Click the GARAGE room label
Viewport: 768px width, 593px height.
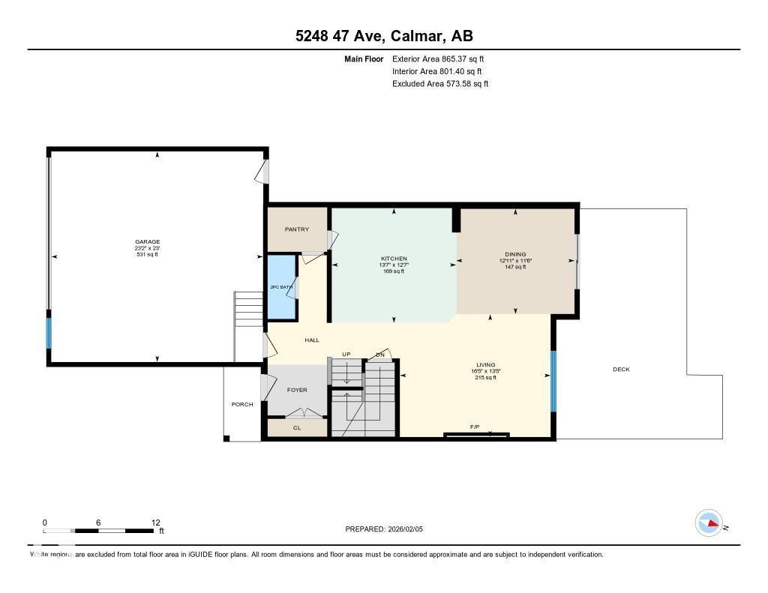[x=147, y=242]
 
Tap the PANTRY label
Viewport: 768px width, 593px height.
[x=296, y=229]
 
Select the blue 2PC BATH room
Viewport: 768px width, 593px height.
[x=281, y=288]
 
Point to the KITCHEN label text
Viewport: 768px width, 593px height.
[x=394, y=259]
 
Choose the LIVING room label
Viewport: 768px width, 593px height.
[x=485, y=365]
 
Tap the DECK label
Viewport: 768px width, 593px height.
[x=621, y=369]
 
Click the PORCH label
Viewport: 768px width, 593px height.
[x=242, y=404]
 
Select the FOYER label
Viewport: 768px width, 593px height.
[x=297, y=390]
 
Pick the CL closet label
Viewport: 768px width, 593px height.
[x=297, y=428]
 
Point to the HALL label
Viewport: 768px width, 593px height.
[x=312, y=340]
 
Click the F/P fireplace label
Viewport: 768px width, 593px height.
[x=475, y=427]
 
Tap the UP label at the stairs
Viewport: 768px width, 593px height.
[x=346, y=354]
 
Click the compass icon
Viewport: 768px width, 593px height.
[x=709, y=523]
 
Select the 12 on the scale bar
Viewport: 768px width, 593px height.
[x=155, y=523]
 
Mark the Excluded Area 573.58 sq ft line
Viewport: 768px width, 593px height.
[x=440, y=84]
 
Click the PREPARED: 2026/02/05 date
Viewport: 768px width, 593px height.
[x=388, y=529]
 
